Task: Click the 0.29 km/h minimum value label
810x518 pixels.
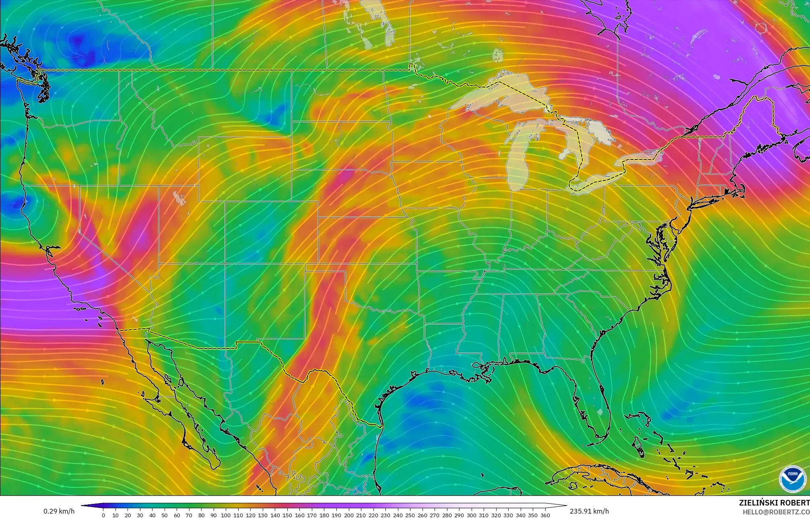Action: click(59, 511)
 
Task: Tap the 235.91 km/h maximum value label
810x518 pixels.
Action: click(589, 511)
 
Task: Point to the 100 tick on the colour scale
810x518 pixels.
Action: click(226, 515)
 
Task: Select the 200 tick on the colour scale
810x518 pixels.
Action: click(348, 515)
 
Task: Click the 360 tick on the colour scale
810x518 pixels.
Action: click(545, 515)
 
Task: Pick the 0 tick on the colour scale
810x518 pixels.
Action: click(103, 515)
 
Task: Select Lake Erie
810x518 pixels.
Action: click(596, 181)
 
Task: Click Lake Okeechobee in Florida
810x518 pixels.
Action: click(601, 412)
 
